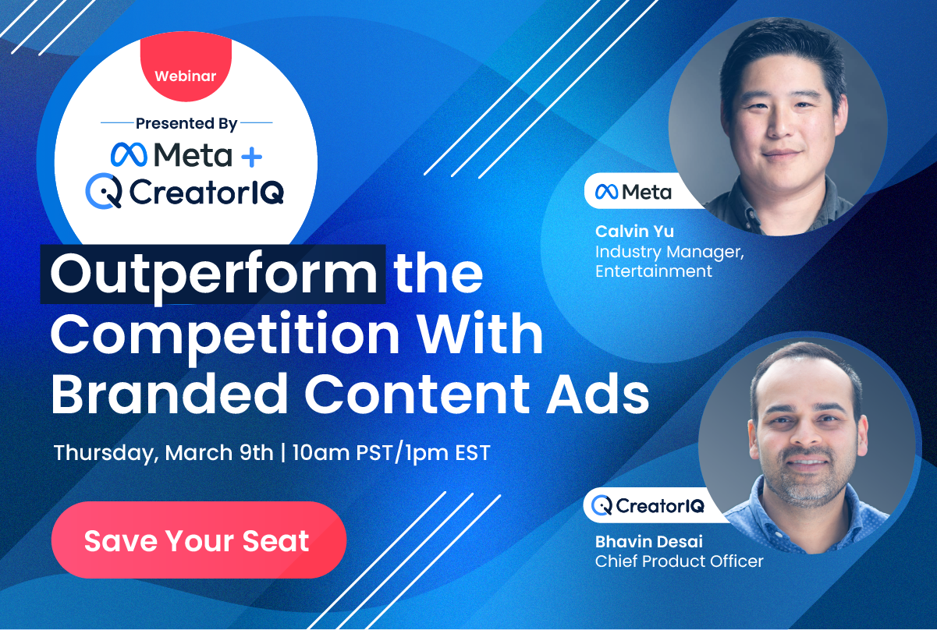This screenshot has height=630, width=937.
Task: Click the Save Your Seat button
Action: [198, 540]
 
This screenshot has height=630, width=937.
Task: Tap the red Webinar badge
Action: [186, 76]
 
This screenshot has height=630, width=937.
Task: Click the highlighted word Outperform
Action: [213, 274]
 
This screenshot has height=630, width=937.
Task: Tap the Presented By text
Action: [186, 123]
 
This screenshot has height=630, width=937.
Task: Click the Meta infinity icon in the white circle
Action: [129, 155]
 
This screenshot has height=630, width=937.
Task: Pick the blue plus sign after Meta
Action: [251, 156]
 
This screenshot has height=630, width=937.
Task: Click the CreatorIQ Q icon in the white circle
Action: [104, 191]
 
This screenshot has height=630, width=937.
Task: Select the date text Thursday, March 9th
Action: [163, 453]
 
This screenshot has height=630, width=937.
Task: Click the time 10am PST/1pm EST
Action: [391, 453]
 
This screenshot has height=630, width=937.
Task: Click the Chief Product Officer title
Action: [679, 561]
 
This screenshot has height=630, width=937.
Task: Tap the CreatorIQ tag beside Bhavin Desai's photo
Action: [648, 506]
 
